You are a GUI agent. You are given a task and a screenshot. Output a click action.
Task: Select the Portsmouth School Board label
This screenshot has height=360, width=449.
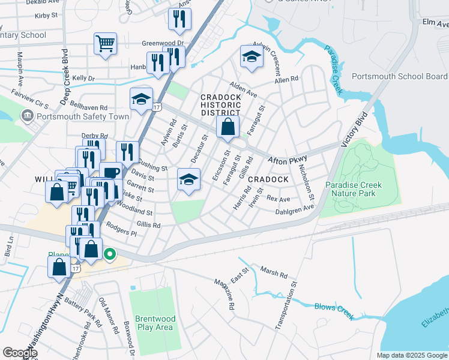[399, 76]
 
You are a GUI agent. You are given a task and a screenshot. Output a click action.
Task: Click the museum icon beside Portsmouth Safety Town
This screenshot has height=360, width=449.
[27, 116]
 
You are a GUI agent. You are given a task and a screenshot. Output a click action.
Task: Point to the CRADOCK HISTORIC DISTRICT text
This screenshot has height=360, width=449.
[220, 104]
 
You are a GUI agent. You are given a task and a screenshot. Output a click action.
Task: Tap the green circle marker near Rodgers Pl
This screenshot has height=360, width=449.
[109, 254]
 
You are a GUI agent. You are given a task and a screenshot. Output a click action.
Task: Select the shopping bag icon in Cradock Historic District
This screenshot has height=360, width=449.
[228, 126]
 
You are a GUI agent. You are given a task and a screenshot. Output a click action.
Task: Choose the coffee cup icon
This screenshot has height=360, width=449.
[110, 173]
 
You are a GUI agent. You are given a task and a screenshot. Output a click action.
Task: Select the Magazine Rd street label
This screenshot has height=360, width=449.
[224, 293]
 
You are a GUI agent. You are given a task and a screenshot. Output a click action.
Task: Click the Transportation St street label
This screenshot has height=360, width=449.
[286, 305]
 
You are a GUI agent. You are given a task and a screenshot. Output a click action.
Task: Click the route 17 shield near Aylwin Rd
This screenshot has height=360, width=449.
[156, 107]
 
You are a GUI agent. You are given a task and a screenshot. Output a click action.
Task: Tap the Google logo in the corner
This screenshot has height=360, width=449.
[20, 353]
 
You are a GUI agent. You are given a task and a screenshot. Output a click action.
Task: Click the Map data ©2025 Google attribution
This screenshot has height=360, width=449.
[411, 355]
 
